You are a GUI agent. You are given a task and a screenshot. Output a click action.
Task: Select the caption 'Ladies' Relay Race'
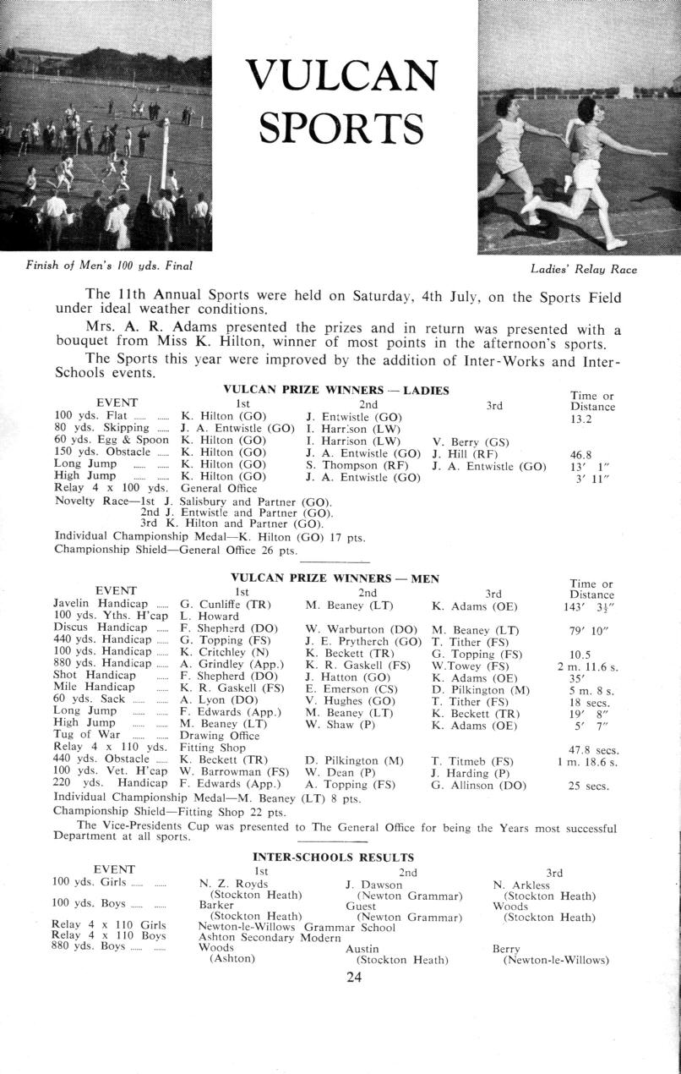tap(584, 270)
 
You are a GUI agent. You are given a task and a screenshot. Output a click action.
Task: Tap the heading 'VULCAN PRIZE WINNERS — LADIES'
tap(335, 390)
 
